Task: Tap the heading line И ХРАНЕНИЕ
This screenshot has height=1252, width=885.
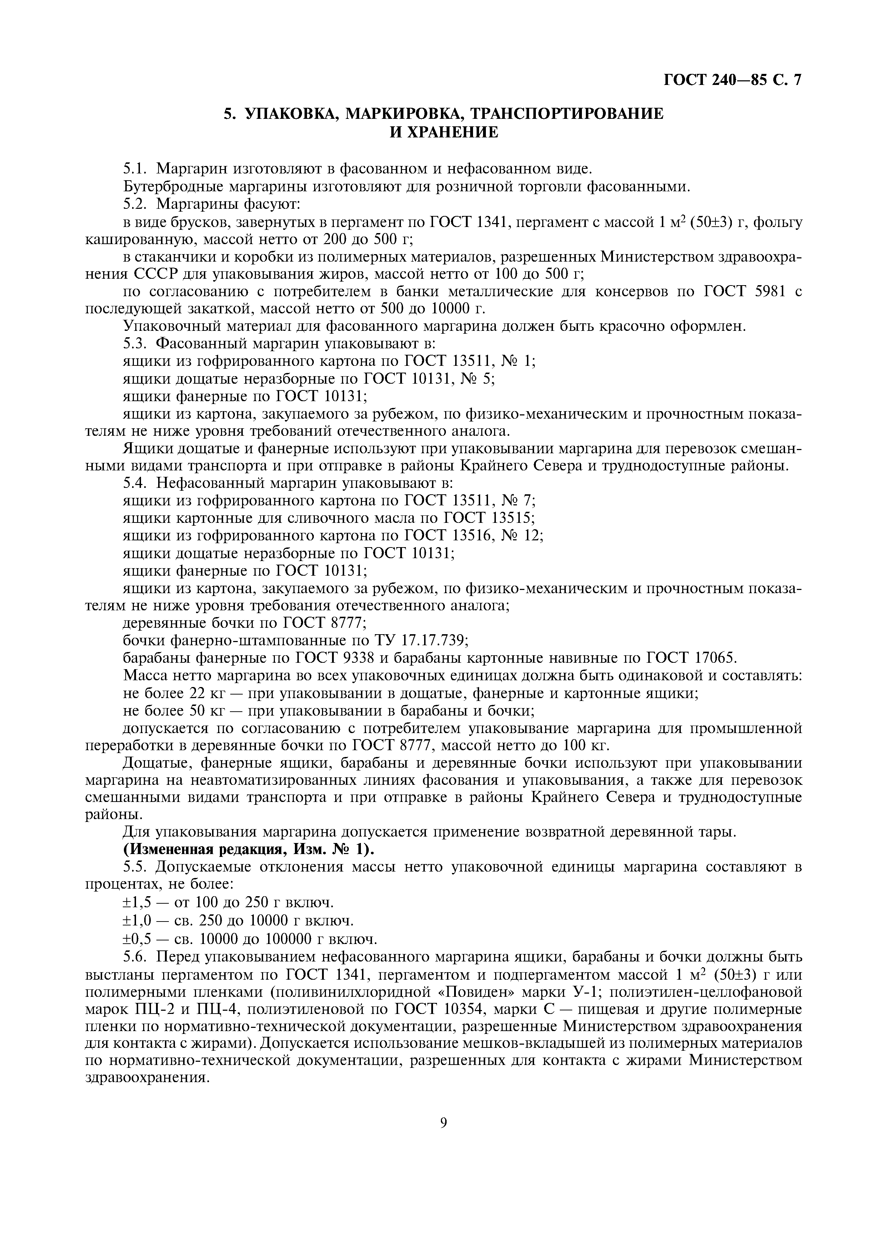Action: [x=443, y=132]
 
